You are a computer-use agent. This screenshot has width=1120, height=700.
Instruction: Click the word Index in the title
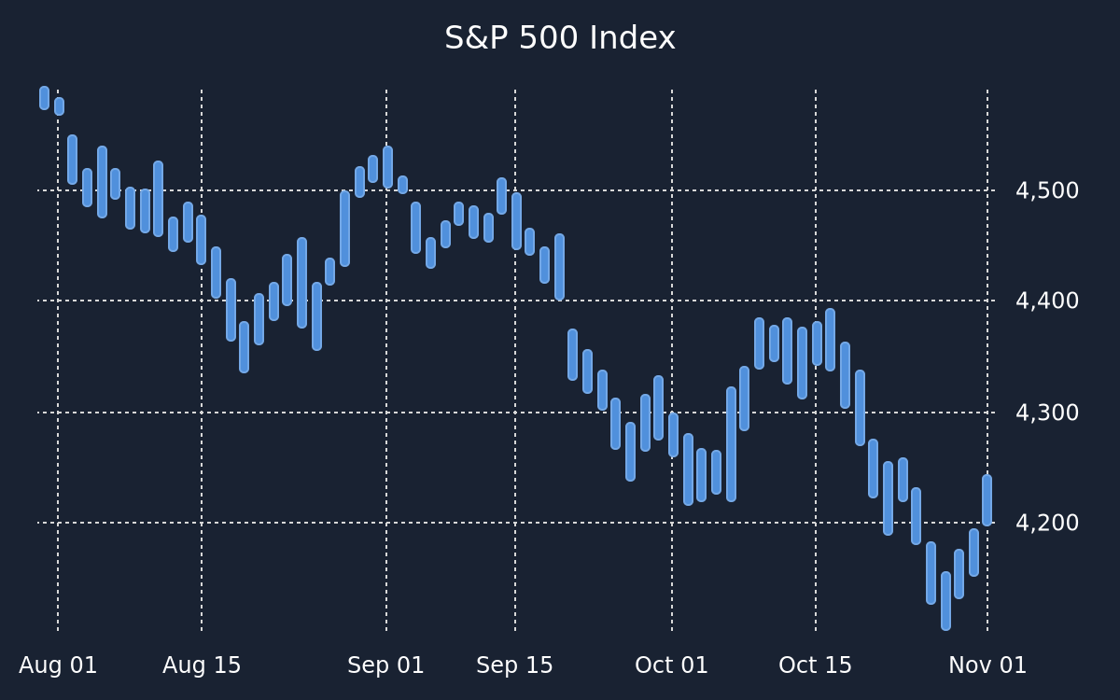coord(633,38)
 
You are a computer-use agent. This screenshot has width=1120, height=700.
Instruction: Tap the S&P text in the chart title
coord(476,38)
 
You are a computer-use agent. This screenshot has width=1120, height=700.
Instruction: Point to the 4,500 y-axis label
coord(1047,191)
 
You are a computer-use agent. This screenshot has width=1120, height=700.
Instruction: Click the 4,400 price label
coord(1047,301)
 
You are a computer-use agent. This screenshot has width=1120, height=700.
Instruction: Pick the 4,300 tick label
coord(1047,413)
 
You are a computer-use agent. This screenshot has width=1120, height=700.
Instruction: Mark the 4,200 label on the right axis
coord(1047,523)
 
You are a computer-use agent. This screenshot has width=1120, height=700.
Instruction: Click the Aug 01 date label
coord(58,665)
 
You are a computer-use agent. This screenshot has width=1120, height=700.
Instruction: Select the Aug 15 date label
coord(202,665)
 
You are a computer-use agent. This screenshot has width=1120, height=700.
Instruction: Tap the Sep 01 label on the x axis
coord(385,665)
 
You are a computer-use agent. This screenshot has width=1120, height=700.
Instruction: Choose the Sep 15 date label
coord(514,665)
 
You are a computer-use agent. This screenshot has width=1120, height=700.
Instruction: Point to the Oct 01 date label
coord(671,665)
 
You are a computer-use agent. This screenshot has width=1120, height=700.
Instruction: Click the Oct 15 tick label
coord(815,665)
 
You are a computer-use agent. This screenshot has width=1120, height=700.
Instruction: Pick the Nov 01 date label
coord(987,665)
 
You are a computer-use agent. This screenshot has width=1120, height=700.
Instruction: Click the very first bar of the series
coord(45,98)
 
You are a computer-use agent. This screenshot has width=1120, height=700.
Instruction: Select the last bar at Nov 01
coord(987,500)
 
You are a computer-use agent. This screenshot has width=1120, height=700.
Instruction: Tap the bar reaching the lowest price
coord(946,601)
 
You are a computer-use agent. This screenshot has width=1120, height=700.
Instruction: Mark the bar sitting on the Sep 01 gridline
coord(387,167)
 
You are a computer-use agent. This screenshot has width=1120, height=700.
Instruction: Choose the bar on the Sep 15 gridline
coord(516,221)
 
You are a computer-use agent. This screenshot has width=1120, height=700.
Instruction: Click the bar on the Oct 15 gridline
coord(817,343)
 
